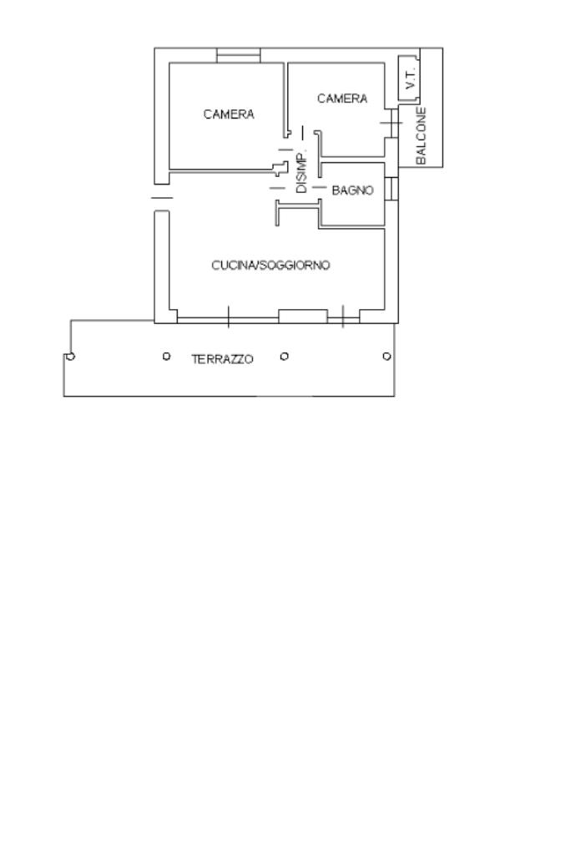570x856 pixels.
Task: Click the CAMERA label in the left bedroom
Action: [229, 114]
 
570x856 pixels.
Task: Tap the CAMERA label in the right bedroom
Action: [342, 99]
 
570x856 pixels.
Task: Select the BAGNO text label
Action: [352, 190]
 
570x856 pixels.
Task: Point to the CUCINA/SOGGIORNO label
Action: [270, 266]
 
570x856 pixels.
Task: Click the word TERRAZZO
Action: [223, 359]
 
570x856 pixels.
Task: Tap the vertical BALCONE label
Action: [421, 135]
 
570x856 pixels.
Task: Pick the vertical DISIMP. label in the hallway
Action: [301, 171]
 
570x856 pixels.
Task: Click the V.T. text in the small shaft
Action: [410, 79]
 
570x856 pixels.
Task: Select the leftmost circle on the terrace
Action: [70, 357]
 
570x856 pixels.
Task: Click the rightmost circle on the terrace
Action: [386, 357]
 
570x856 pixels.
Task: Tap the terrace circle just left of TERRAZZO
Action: [166, 357]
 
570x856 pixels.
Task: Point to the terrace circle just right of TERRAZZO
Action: [285, 357]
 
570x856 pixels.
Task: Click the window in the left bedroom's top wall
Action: [239, 55]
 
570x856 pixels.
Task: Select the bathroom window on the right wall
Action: [391, 189]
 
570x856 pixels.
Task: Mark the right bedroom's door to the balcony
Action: [391, 123]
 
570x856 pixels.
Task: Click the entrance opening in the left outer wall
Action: [161, 198]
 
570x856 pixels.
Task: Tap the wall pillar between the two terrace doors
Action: [303, 316]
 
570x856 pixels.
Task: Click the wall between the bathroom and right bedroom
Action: [352, 160]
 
